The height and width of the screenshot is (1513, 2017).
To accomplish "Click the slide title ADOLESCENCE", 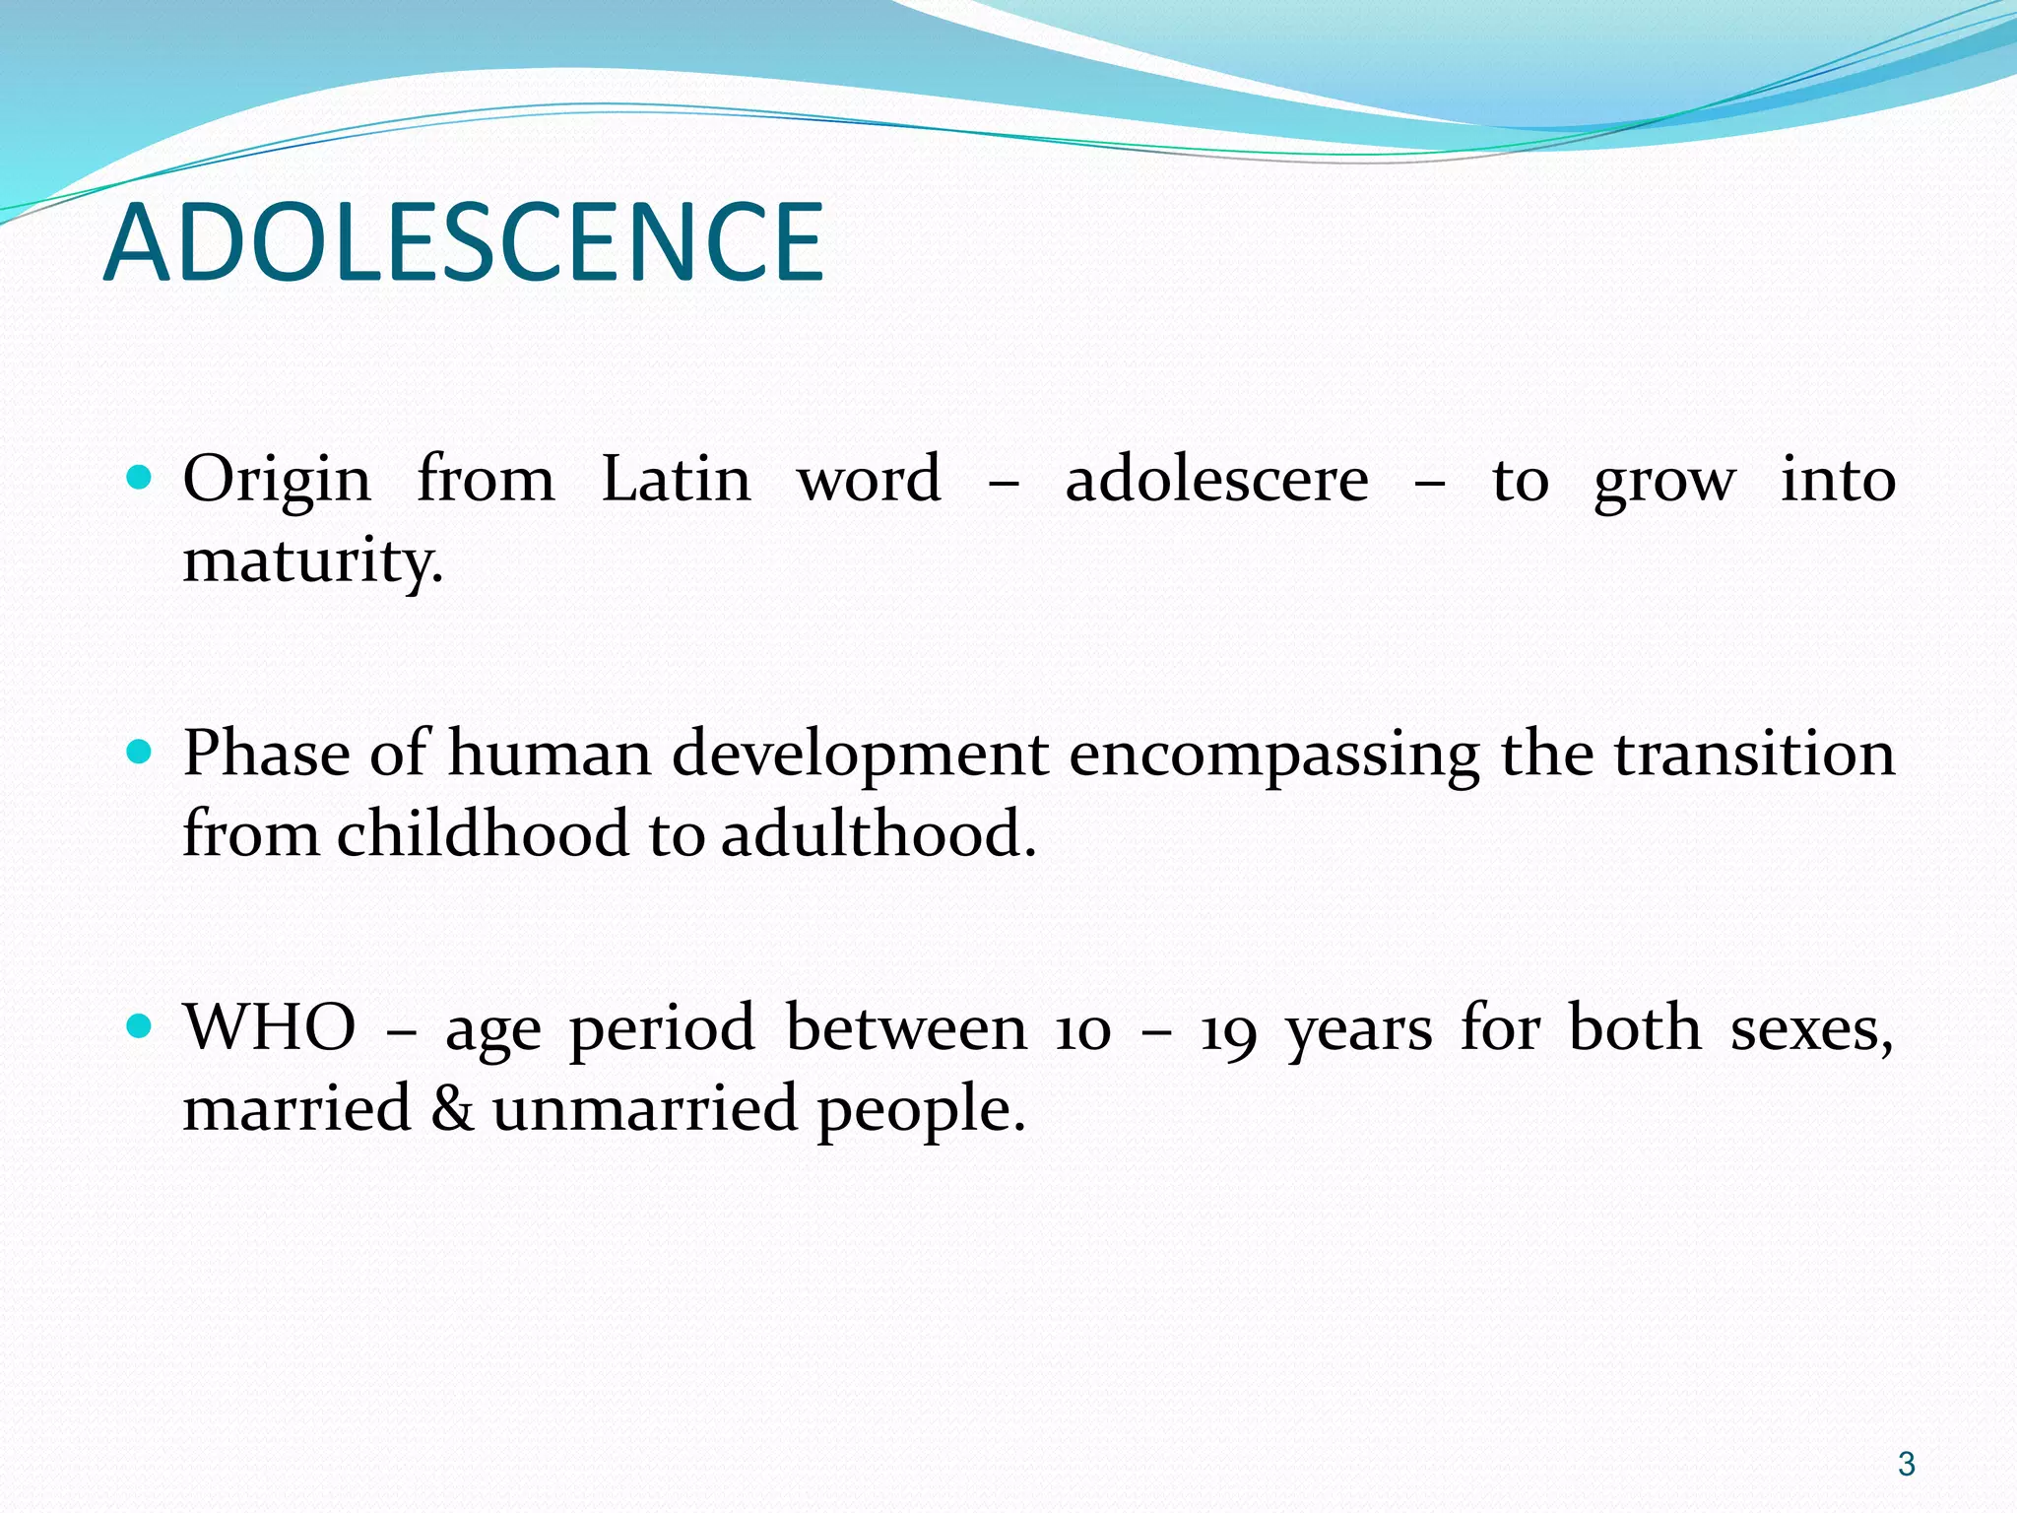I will (x=463, y=242).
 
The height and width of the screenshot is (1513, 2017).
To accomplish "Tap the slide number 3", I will (x=1907, y=1464).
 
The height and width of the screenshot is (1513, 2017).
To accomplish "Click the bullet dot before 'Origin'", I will (x=140, y=480).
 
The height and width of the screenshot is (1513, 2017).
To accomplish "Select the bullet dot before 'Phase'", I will (x=140, y=754).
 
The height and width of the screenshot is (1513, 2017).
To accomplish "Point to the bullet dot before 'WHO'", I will (x=140, y=1027).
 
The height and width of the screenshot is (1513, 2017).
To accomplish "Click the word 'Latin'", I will (x=676, y=480).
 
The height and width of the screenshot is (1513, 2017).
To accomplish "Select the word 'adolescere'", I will (x=1216, y=480).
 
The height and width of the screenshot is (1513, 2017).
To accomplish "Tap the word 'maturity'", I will (x=311, y=561).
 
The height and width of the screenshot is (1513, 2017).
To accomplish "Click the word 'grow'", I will (x=1663, y=483).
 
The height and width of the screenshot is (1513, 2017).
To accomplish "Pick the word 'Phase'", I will (x=266, y=754).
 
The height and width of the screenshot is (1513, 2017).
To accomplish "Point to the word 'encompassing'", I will (x=1273, y=756).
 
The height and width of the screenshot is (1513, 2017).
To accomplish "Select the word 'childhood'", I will (x=482, y=833).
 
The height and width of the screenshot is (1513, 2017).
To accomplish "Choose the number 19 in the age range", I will (x=1228, y=1030).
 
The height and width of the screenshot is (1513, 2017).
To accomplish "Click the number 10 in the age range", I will (x=1082, y=1030).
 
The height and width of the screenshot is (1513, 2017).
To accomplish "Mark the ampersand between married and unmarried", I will (x=452, y=1107).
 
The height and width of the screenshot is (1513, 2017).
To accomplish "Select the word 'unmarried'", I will (x=644, y=1107).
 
